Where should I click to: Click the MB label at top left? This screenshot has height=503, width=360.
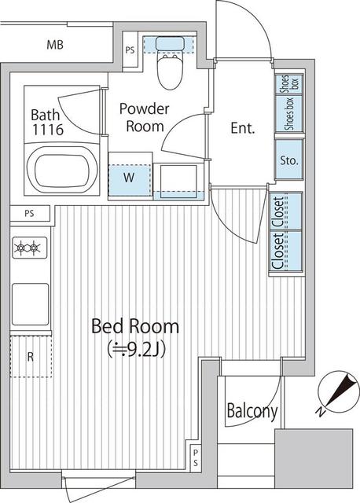[x=53, y=44]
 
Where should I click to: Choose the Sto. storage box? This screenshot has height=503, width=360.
[x=287, y=162]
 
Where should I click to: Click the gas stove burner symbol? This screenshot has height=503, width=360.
[x=28, y=249]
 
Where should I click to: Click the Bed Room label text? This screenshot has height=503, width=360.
[x=134, y=325]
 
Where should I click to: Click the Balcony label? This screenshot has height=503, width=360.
[x=252, y=410]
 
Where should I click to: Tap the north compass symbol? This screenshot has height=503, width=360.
[x=337, y=391]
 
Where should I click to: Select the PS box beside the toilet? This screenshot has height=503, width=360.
[x=130, y=51]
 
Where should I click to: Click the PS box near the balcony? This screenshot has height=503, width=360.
[x=196, y=455]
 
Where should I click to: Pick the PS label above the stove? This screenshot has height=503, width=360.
[x=29, y=213]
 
